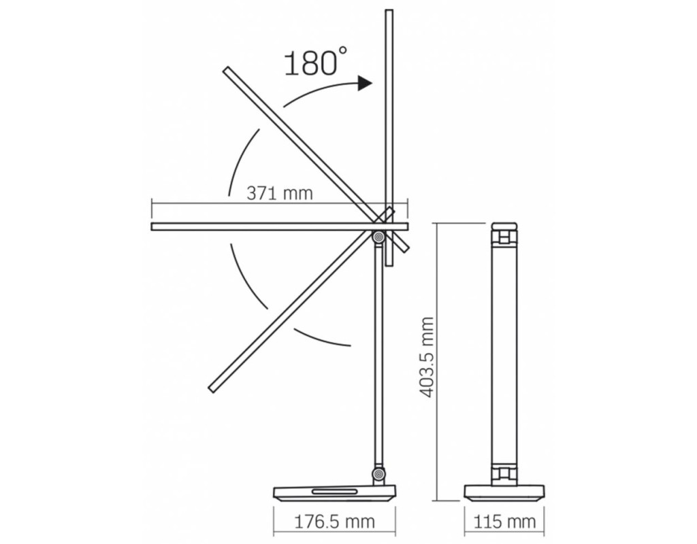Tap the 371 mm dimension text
[280, 193]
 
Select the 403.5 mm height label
[426, 357]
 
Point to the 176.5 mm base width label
[335, 522]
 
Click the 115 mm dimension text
[504, 522]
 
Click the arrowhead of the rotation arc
[366, 83]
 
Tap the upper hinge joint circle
[378, 237]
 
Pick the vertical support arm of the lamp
[378, 356]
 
